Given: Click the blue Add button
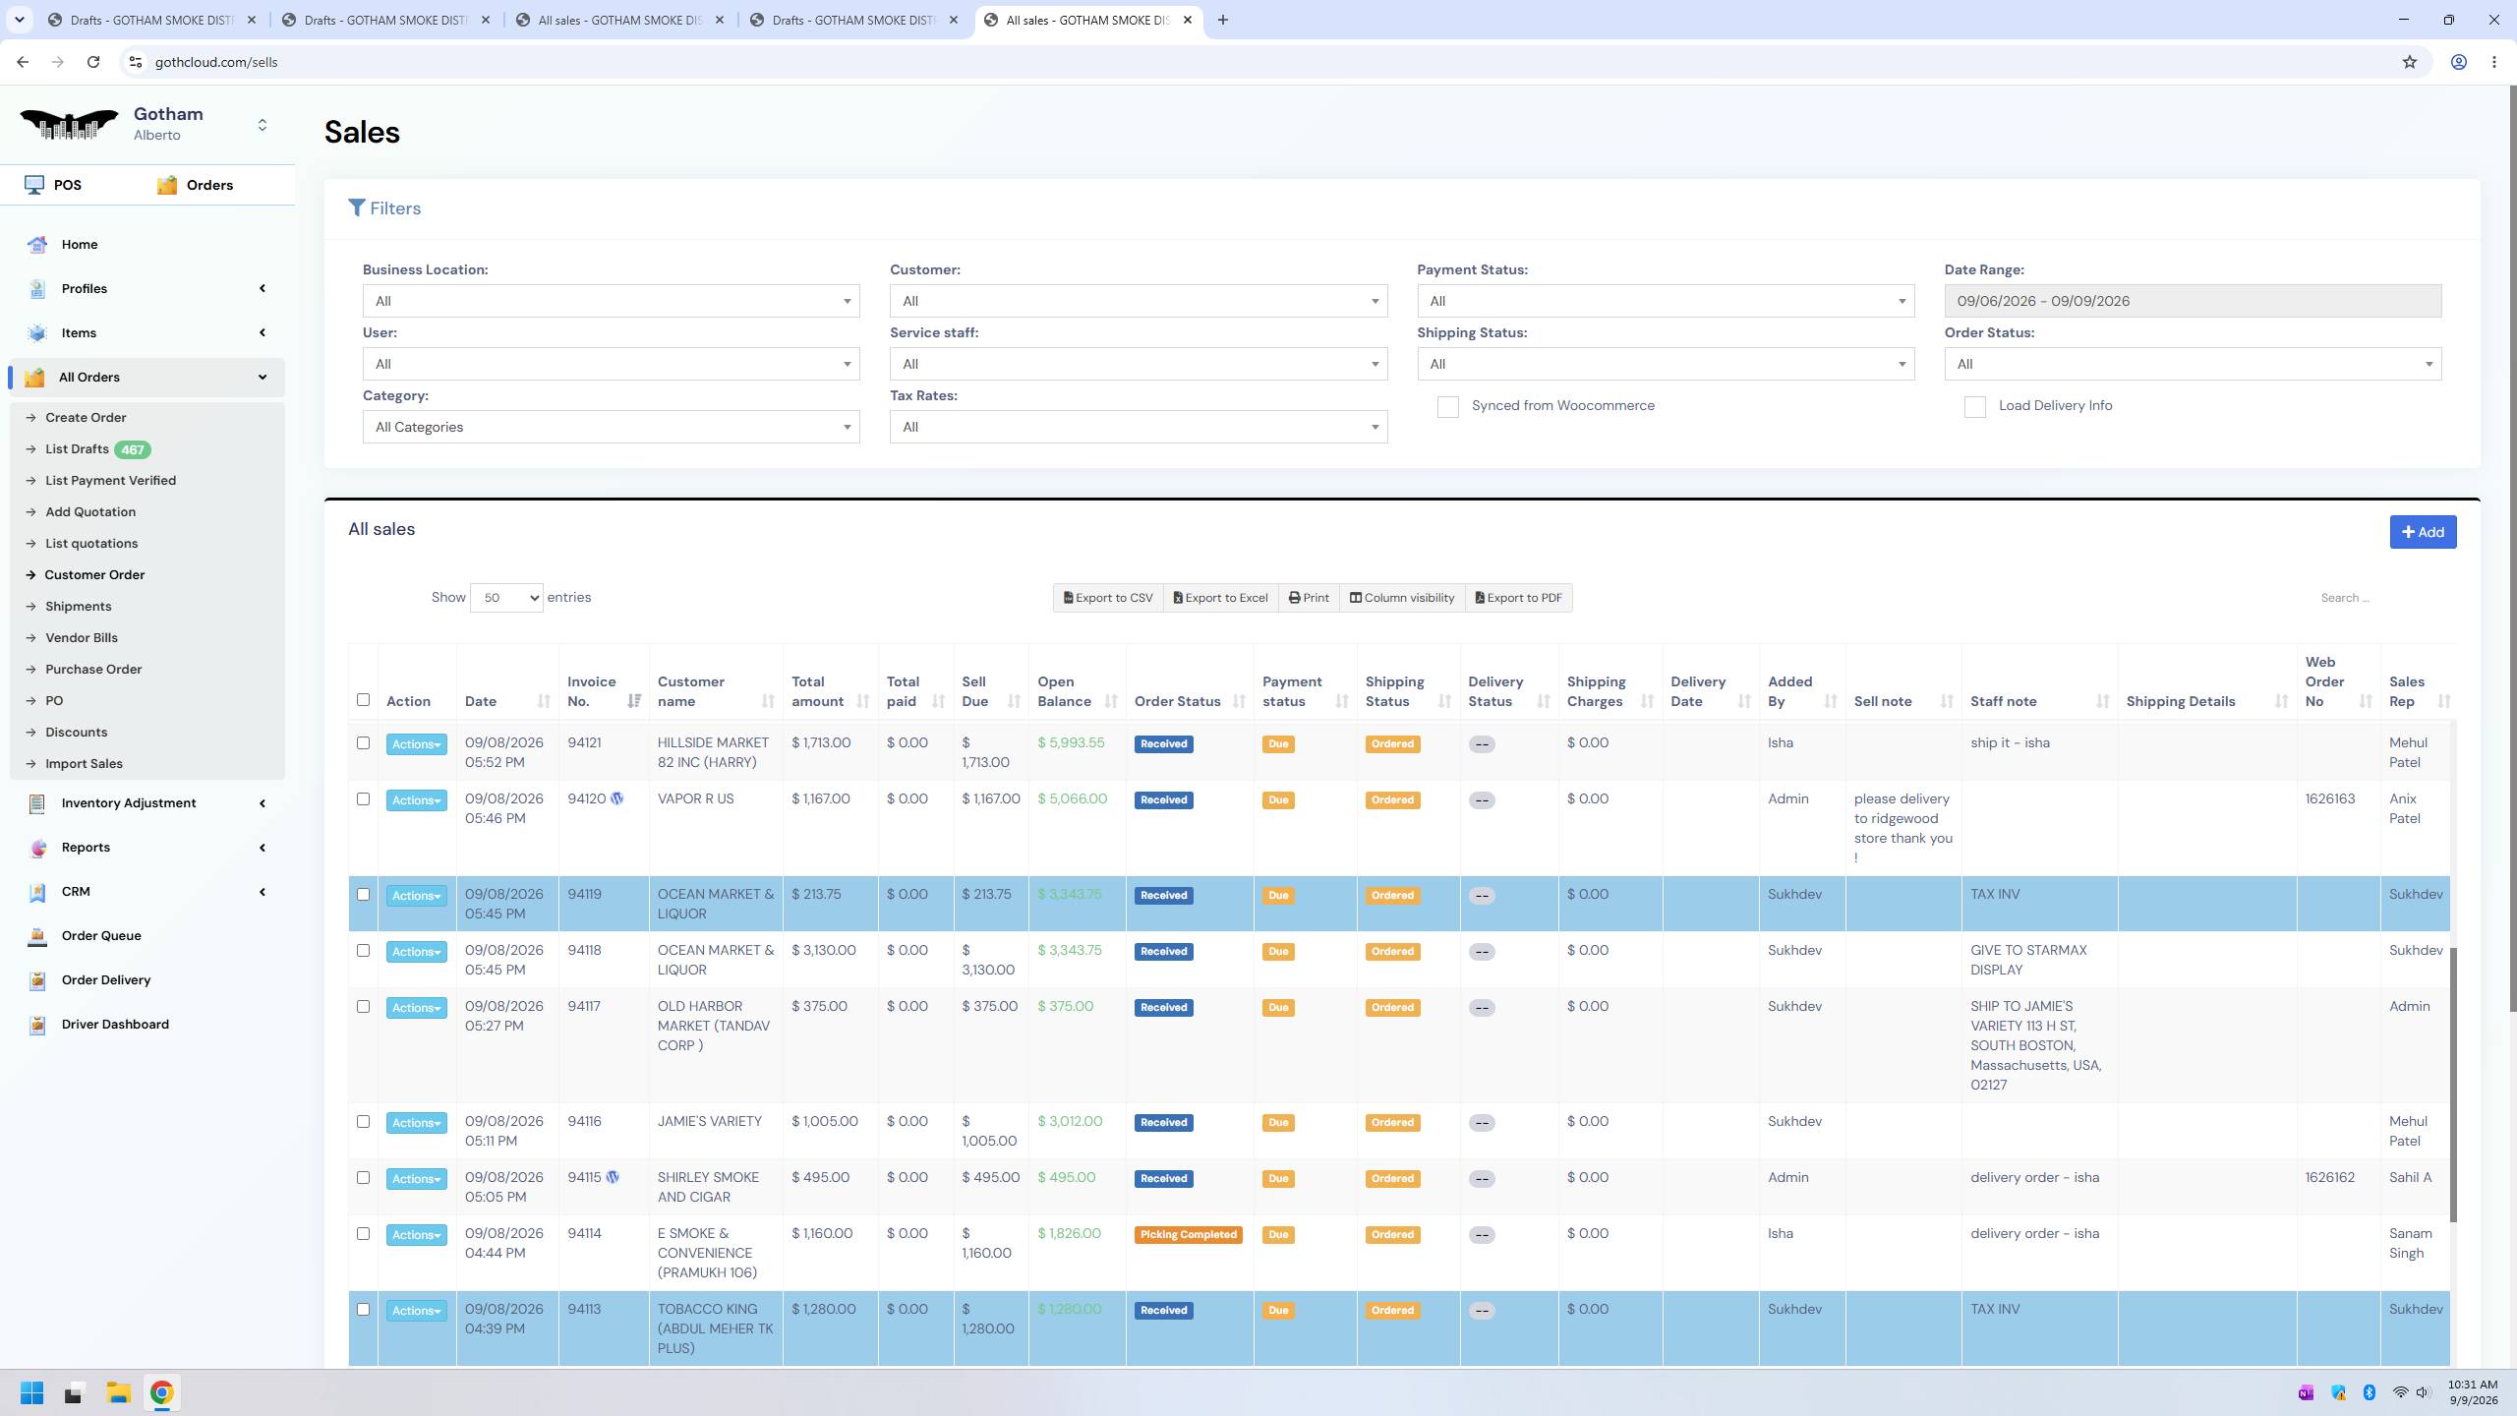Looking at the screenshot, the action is [x=2423, y=532].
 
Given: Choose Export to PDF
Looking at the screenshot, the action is [x=1518, y=598].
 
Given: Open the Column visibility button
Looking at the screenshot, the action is [x=1401, y=598].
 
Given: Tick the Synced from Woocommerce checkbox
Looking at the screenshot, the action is [x=1447, y=407].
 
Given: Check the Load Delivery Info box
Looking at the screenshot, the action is [x=1974, y=407].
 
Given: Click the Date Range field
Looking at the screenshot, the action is [x=2193, y=301].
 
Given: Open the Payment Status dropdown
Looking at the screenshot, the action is [x=1666, y=301].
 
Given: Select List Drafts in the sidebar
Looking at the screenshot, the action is [x=77, y=449].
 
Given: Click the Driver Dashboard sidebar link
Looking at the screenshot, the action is [x=115, y=1024].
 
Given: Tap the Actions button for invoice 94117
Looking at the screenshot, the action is [x=416, y=1008].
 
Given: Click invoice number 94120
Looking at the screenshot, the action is [x=586, y=798].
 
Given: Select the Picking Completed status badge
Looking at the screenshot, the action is [x=1188, y=1235].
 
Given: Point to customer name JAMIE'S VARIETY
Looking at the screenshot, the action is [x=709, y=1121].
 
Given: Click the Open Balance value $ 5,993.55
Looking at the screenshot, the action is [x=1071, y=742].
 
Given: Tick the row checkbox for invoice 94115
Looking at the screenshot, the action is [x=363, y=1178].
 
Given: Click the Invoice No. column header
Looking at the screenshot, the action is [x=592, y=691].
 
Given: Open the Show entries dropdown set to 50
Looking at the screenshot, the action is [x=506, y=598].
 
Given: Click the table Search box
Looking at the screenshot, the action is [x=2379, y=598].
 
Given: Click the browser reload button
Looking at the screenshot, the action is [x=93, y=62].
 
